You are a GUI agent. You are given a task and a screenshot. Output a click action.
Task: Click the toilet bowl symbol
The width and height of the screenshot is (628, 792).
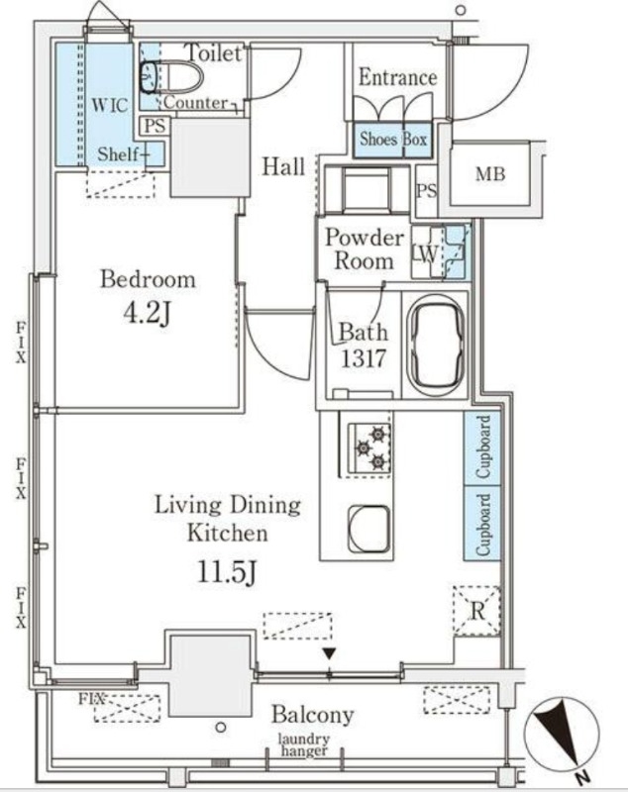(171, 78)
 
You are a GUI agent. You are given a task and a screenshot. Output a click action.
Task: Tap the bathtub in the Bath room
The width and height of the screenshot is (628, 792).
(437, 346)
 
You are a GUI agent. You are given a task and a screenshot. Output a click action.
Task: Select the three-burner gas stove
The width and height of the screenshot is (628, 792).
(369, 448)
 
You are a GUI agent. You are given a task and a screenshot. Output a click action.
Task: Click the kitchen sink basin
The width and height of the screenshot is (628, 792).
(368, 529)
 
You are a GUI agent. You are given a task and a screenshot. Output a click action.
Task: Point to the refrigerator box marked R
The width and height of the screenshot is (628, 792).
(476, 611)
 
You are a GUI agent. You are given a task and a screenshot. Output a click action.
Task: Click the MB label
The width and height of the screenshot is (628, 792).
(490, 174)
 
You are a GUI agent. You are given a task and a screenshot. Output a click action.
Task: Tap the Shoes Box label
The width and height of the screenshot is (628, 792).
(393, 139)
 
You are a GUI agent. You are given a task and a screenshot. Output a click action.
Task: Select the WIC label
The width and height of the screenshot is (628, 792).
(110, 106)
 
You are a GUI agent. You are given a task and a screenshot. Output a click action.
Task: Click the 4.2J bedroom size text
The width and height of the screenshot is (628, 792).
(148, 314)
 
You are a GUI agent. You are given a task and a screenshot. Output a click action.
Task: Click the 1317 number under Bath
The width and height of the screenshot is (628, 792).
(364, 358)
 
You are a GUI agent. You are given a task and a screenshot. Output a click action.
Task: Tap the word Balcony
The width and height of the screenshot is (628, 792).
(313, 714)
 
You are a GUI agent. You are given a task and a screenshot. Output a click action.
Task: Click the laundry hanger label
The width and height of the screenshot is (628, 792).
(304, 745)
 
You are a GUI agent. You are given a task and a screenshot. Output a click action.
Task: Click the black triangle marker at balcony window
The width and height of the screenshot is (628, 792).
(330, 654)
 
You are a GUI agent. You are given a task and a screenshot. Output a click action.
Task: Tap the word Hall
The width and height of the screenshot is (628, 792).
(283, 166)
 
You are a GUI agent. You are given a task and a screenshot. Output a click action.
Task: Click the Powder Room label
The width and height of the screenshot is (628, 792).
(365, 249)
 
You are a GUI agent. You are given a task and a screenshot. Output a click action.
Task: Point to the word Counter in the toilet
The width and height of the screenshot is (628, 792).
(195, 103)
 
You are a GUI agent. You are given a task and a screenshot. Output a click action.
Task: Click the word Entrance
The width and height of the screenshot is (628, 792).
(397, 78)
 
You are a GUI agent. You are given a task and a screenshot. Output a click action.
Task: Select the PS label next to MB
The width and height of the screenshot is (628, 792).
(426, 190)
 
